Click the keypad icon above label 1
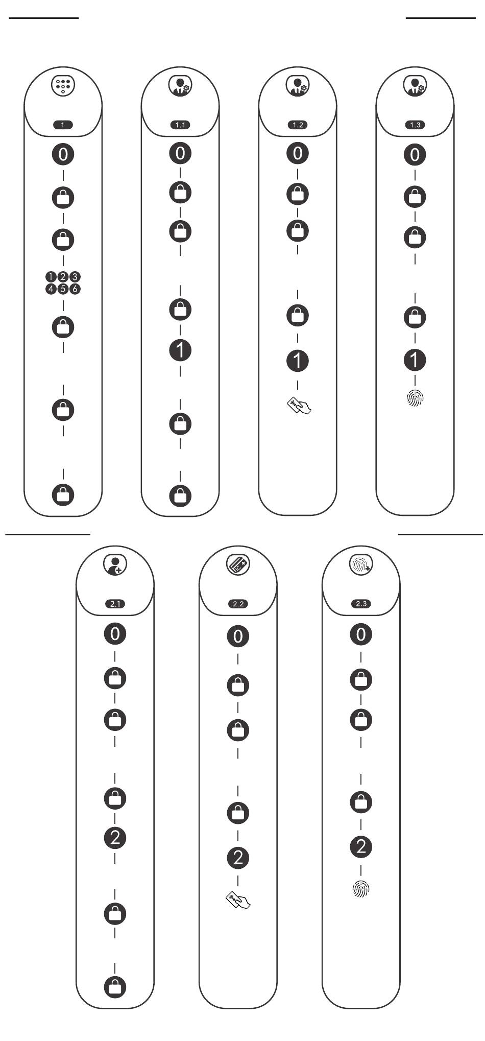pos(63,86)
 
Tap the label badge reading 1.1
pos(180,125)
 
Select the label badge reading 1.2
pos(298,125)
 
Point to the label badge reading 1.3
pos(415,125)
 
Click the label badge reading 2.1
pos(115,604)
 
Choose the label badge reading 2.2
pos(238,604)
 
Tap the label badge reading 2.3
pos(361,604)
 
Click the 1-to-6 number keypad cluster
pos(63,283)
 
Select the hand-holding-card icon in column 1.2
pos(299,406)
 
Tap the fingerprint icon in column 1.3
pos(415,398)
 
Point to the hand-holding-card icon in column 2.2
pos(238,900)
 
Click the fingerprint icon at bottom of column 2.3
pos(361,889)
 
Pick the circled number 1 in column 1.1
pos(180,350)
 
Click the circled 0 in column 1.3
pos(415,154)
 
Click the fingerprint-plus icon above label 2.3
pos(361,564)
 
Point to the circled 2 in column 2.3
pos(361,847)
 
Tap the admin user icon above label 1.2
pos(298,86)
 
